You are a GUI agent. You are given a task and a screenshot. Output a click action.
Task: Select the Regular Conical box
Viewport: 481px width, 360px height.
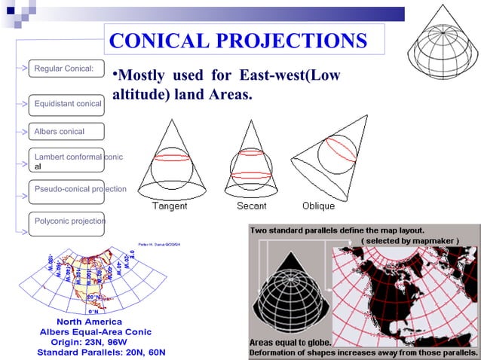[64, 69]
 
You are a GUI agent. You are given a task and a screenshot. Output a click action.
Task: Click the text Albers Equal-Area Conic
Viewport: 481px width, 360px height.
[96, 331]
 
